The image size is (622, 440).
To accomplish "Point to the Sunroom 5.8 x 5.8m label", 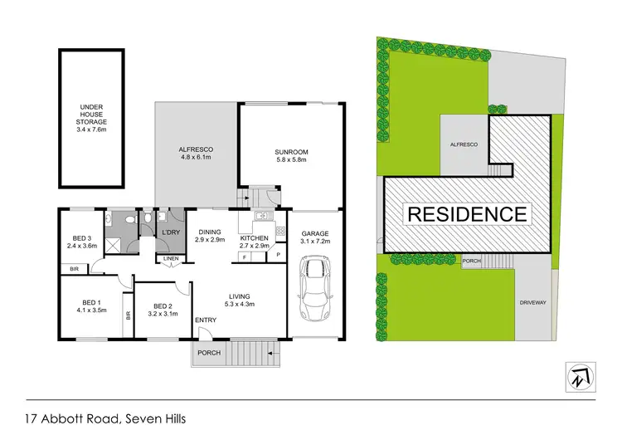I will tap(292, 155).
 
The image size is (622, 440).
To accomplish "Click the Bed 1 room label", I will tap(91, 306).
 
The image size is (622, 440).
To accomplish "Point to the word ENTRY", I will tap(206, 320).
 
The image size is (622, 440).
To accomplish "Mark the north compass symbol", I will tap(577, 376).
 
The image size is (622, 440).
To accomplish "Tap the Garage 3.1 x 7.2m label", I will tap(315, 237).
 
